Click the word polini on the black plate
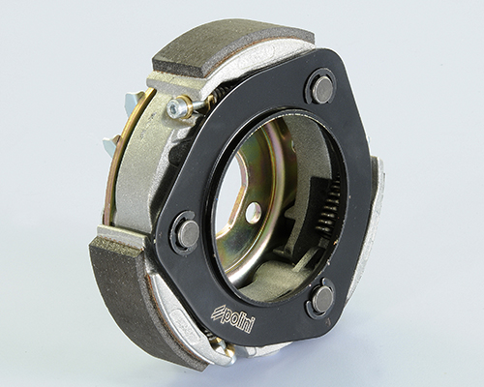[x=238, y=321]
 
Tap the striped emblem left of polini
[x=217, y=313]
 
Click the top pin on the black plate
[x=321, y=87]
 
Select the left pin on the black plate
[x=189, y=230]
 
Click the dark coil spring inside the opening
[x=330, y=205]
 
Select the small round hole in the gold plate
[x=253, y=212]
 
